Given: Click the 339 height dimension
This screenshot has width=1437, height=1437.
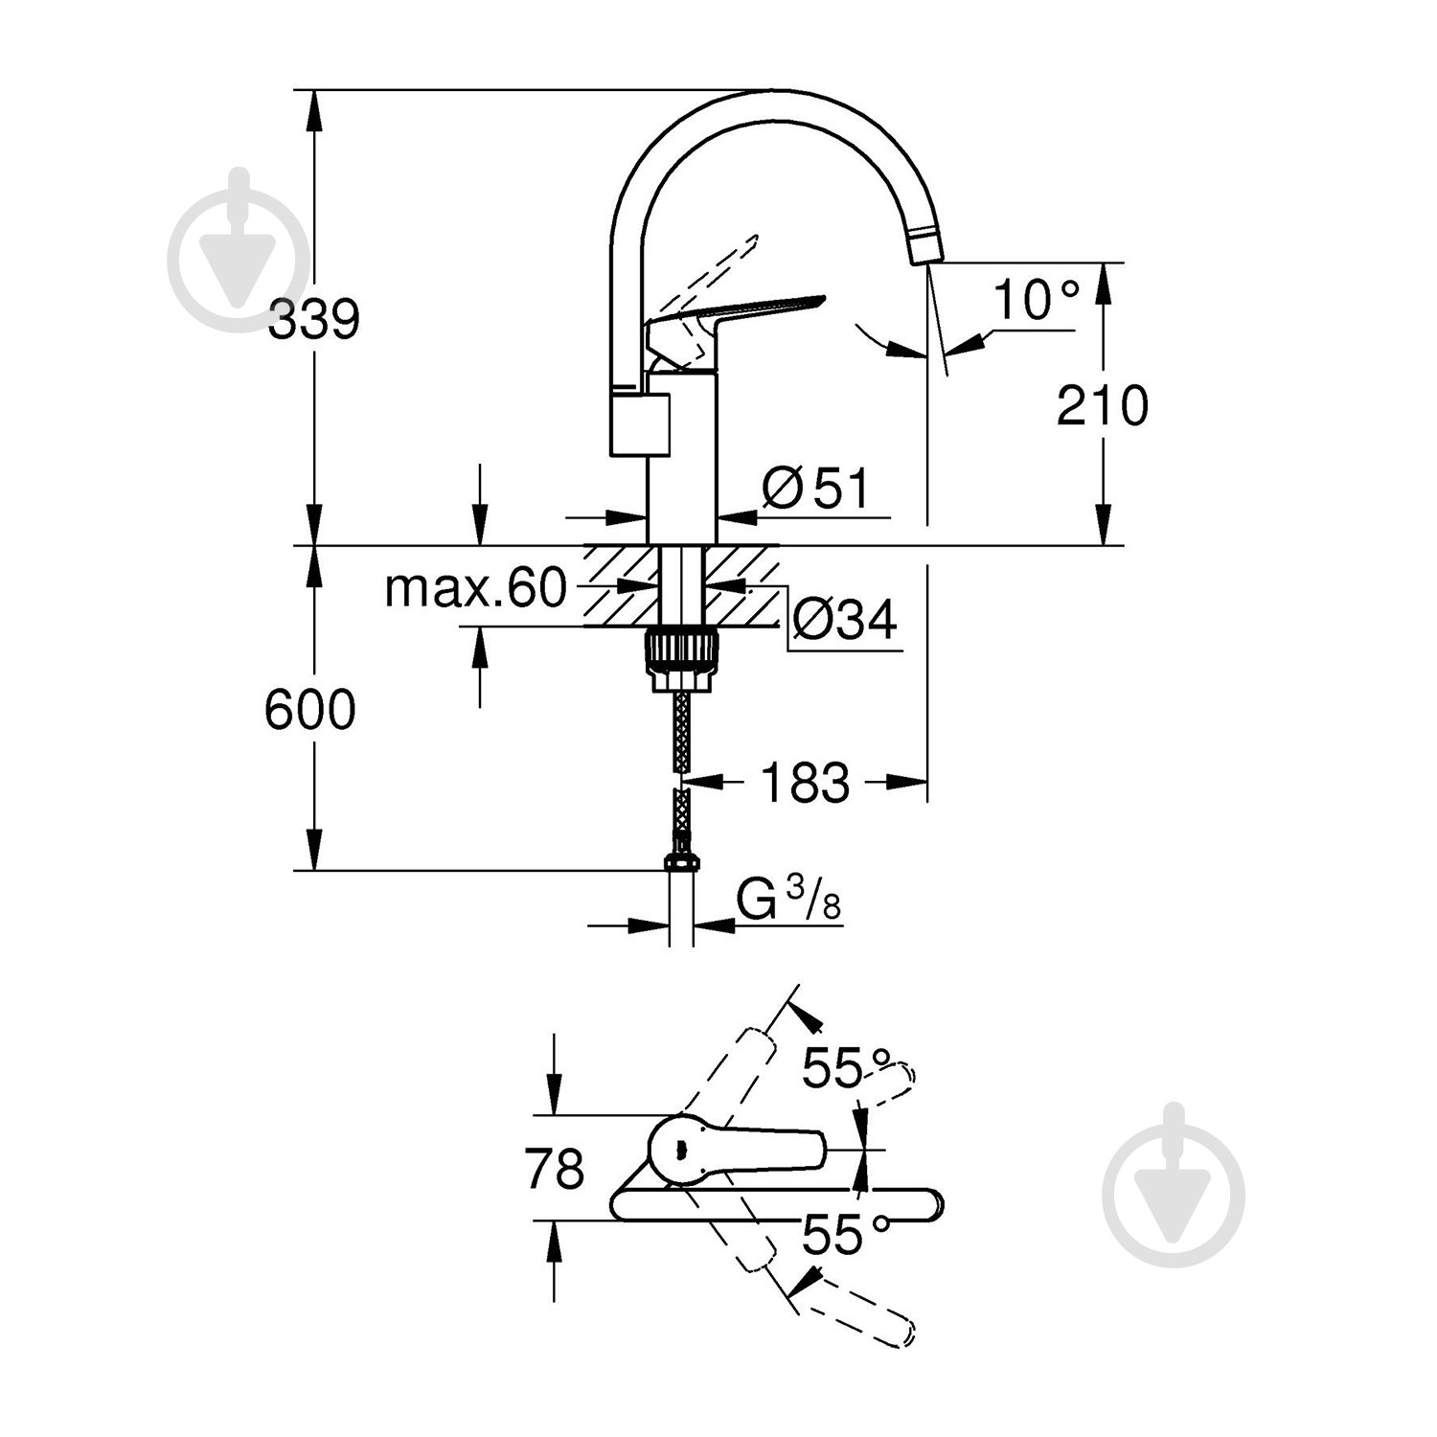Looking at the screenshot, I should [x=313, y=320].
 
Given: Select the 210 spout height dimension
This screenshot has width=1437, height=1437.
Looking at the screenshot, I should [x=1102, y=406].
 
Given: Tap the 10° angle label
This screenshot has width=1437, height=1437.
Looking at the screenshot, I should [x=1035, y=300].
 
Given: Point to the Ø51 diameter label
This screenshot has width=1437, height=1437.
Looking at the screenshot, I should [x=815, y=490].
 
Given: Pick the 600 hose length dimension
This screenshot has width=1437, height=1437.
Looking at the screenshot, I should [x=309, y=710].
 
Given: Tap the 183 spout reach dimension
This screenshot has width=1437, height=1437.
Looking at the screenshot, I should [x=805, y=783].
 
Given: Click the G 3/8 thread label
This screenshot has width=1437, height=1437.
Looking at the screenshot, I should [x=788, y=901].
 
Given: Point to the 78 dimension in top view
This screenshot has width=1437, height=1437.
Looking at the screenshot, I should [x=555, y=1169].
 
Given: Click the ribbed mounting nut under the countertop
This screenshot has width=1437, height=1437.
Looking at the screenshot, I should [x=681, y=656].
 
